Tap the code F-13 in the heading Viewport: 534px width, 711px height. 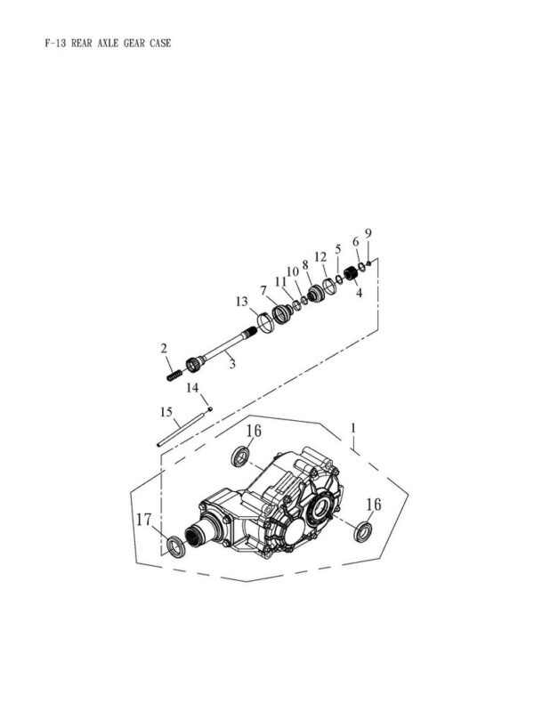(56, 43)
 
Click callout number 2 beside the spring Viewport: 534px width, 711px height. (164, 348)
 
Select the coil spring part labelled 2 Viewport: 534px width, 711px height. (174, 376)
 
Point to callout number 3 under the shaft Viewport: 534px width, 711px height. (232, 364)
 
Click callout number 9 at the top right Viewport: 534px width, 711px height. (368, 233)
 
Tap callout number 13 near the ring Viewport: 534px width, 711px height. (242, 301)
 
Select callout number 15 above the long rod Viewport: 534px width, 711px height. (166, 412)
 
